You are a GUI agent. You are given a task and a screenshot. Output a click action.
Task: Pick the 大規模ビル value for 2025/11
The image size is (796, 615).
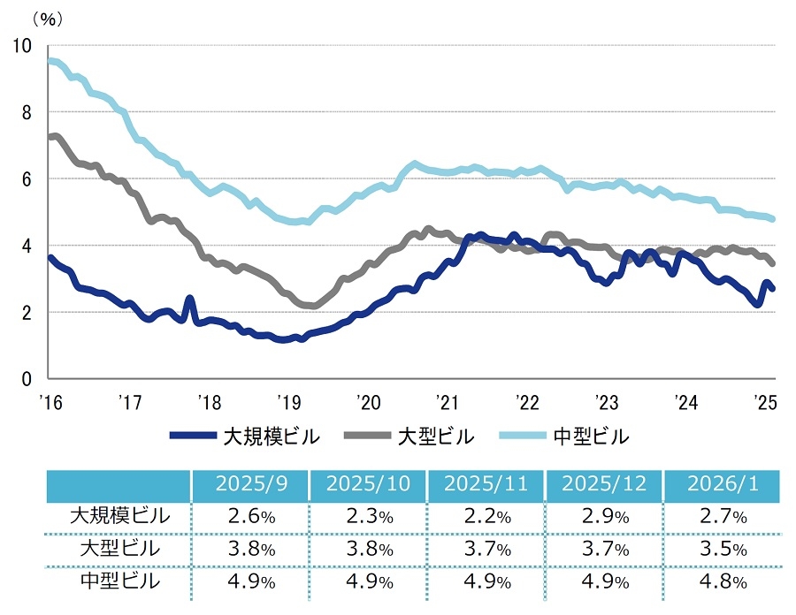486,517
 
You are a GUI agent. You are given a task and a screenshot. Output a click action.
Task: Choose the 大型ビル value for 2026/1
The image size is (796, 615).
722,549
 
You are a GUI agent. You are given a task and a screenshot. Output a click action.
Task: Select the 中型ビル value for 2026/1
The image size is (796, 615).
722,581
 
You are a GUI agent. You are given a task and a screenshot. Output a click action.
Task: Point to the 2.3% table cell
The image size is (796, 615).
367,517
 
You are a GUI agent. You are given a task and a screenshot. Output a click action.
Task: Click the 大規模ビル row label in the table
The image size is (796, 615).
119,516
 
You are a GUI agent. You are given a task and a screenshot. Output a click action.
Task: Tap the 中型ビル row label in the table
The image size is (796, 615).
119,581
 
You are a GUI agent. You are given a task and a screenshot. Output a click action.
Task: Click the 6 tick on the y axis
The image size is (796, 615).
27,178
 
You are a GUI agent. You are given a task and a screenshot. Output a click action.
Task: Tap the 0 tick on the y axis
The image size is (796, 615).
27,379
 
